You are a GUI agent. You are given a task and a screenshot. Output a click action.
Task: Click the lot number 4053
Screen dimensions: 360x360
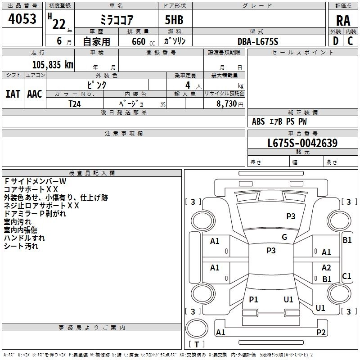coord(22,20)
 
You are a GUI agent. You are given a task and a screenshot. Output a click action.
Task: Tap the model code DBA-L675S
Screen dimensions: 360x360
coord(258,42)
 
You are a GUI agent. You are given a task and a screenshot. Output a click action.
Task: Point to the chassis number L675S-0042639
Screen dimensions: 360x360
coord(302,144)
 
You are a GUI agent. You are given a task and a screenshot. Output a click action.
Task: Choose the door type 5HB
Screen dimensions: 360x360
coord(174,21)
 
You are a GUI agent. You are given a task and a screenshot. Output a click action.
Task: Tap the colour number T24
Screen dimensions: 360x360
coord(75,103)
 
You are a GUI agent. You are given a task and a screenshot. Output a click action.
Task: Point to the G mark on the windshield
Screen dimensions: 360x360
coord(284,237)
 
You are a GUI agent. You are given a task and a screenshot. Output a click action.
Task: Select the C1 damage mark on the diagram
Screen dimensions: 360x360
coord(347,276)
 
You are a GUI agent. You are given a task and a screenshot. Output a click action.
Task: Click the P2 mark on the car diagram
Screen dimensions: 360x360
coord(321,333)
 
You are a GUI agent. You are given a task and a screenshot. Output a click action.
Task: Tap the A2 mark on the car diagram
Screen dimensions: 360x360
coord(326,268)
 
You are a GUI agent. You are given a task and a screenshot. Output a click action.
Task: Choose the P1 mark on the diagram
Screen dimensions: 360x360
coord(254,300)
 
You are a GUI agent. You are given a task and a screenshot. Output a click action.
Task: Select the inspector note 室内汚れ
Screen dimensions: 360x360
coord(18,221)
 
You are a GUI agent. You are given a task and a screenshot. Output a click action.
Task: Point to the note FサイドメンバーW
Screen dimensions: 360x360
coord(35,181)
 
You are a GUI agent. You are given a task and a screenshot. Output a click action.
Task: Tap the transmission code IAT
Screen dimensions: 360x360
coord(13,94)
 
